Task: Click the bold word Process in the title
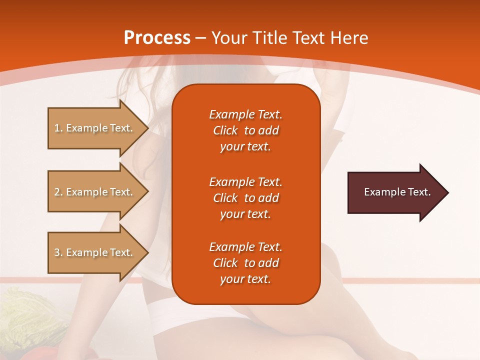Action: pyautogui.click(x=157, y=38)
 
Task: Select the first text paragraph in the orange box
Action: pyautogui.click(x=245, y=130)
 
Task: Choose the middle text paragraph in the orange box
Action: pyautogui.click(x=245, y=197)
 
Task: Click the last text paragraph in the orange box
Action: pyautogui.click(x=245, y=263)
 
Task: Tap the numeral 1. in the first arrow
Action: pyautogui.click(x=58, y=128)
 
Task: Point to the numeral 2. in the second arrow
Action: pyautogui.click(x=58, y=192)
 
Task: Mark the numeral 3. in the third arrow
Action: pyautogui.click(x=58, y=252)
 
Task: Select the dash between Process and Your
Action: pyautogui.click(x=200, y=38)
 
